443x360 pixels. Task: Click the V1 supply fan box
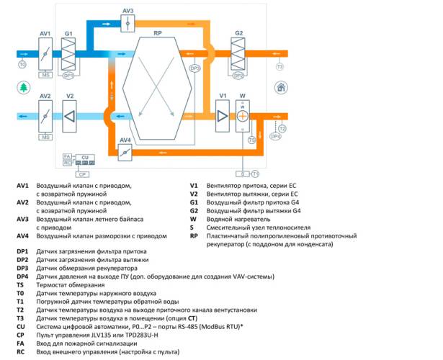[x=223, y=116]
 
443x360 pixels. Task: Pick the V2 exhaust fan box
[x=70, y=116]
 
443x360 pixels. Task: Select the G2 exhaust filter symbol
[x=239, y=53]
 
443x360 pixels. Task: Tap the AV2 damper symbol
[x=45, y=116]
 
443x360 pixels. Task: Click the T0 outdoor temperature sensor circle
[x=22, y=65]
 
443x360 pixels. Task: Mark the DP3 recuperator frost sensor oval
[x=194, y=69]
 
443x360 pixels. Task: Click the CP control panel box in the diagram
[x=83, y=174]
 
